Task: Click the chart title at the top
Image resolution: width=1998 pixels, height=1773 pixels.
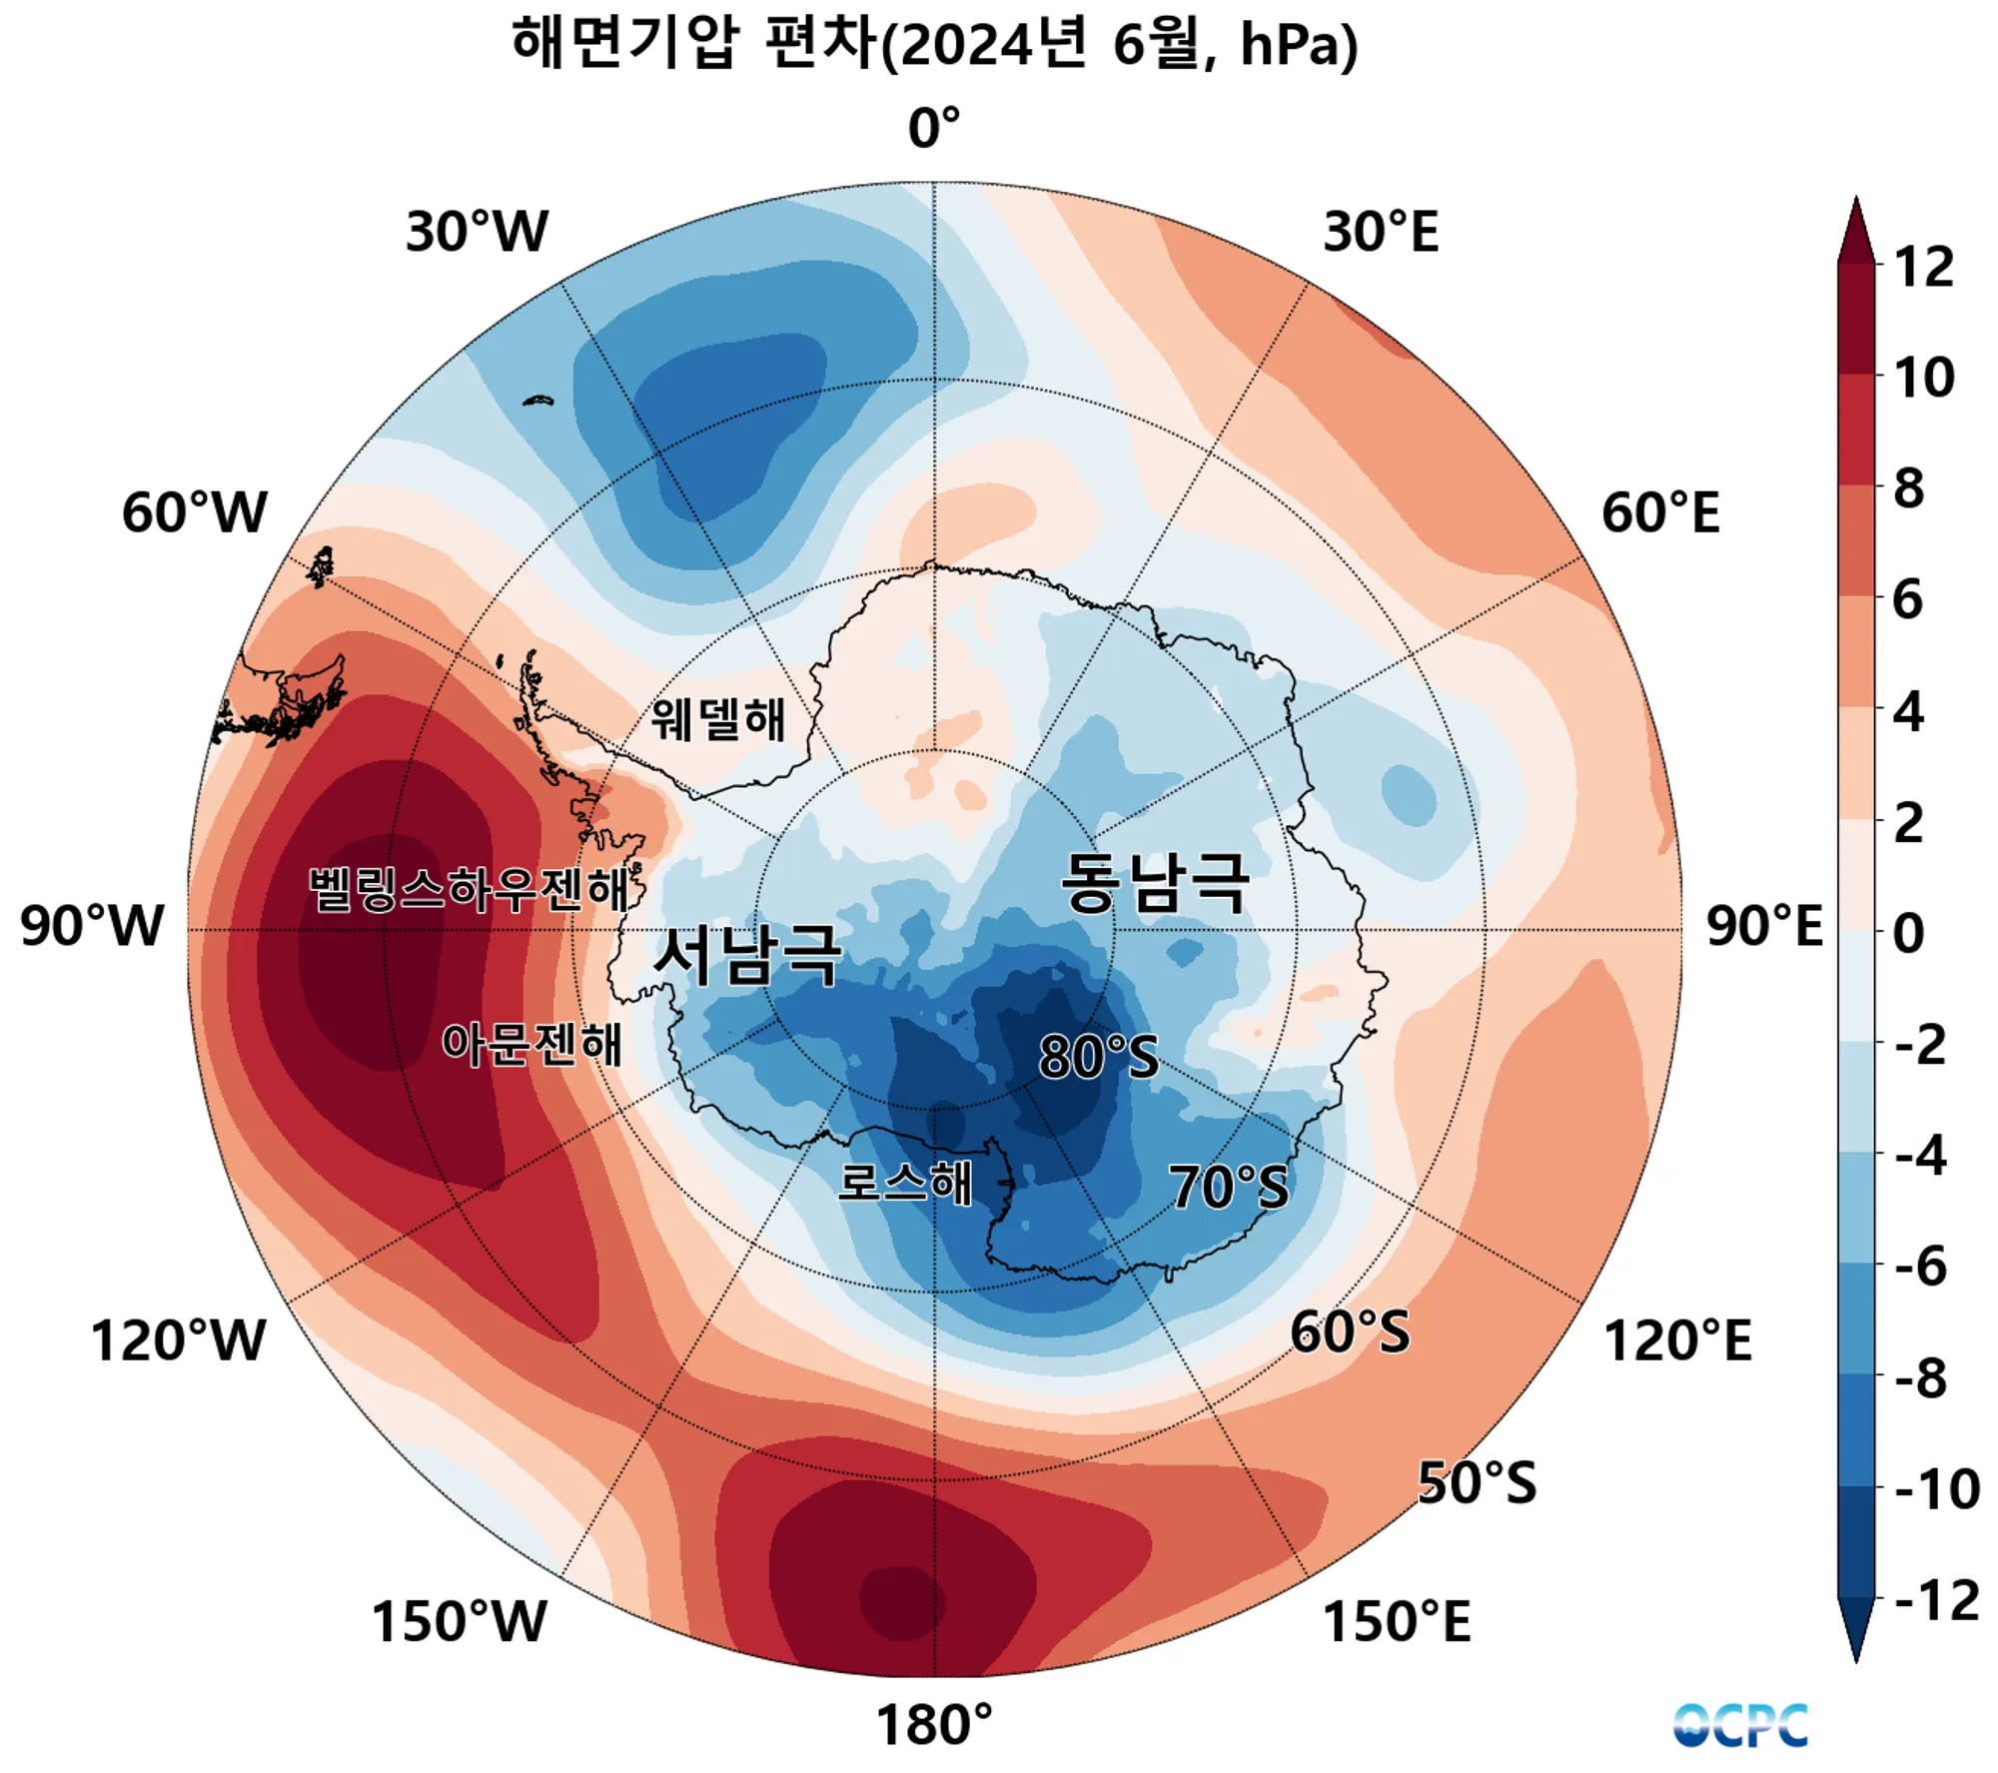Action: pyautogui.click(x=934, y=45)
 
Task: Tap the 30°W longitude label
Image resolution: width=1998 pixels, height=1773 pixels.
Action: pyautogui.click(x=477, y=232)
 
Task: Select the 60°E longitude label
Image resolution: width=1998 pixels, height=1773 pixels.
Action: pyautogui.click(x=1660, y=513)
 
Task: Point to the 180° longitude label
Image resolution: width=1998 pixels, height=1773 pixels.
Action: pyautogui.click(x=934, y=1725)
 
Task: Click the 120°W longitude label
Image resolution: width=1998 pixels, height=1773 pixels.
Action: pyautogui.click(x=178, y=1340)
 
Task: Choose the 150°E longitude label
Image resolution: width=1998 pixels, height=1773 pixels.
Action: pyautogui.click(x=1397, y=1621)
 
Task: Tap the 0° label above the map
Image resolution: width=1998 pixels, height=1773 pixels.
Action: pyautogui.click(x=934, y=129)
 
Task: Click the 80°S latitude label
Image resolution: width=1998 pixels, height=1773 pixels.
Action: pyautogui.click(x=1099, y=1056)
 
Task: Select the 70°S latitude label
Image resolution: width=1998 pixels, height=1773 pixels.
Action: pyautogui.click(x=1229, y=1187)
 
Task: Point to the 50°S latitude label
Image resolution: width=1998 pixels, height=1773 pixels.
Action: pyautogui.click(x=1477, y=1482)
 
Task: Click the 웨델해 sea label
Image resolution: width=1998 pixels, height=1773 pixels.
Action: pyautogui.click(x=718, y=719)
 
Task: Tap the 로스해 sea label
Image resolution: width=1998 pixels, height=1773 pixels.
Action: pyautogui.click(x=904, y=1183)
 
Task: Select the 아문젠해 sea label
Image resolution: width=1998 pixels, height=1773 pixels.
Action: pyautogui.click(x=532, y=1044)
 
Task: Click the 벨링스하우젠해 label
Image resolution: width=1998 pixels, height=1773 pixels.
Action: pyautogui.click(x=469, y=888)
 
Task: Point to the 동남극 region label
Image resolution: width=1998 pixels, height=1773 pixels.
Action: pyautogui.click(x=1154, y=883)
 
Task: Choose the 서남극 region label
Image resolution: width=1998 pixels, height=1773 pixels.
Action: pyautogui.click(x=747, y=955)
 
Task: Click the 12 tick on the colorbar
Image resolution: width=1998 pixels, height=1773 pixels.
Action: pyautogui.click(x=1923, y=267)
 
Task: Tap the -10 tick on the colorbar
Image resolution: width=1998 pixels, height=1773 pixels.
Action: pyautogui.click(x=1937, y=1489)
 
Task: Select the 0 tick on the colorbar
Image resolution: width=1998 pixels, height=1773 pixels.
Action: pyautogui.click(x=1908, y=934)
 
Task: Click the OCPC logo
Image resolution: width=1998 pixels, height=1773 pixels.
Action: pyautogui.click(x=1740, y=1725)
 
